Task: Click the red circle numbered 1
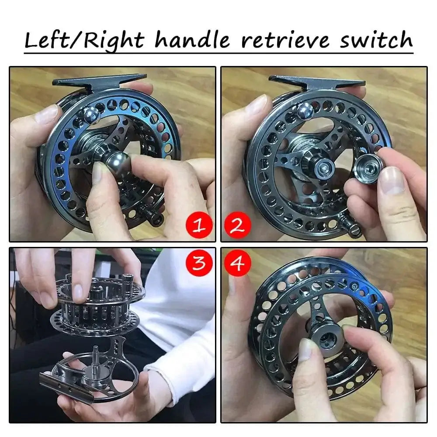point(199,225)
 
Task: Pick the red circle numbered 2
point(237,225)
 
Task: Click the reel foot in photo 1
point(100,80)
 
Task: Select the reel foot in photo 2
point(316,81)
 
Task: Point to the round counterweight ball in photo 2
point(306,111)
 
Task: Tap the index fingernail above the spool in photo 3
point(77,291)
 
